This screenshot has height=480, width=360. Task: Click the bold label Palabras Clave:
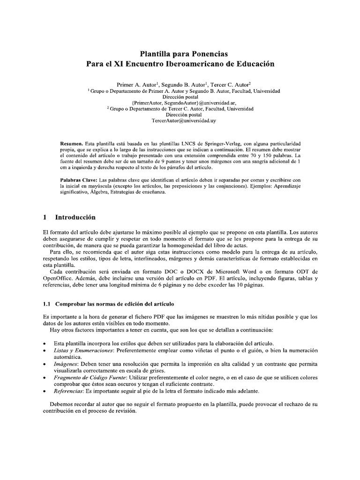pyautogui.click(x=79, y=180)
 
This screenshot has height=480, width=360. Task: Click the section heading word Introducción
pyautogui.click(x=75, y=217)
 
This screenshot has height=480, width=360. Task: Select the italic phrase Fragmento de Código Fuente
pyautogui.click(x=90, y=377)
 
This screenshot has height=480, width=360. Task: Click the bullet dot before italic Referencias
pyautogui.click(x=44, y=390)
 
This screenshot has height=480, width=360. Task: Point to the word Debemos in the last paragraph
pyautogui.click(x=63, y=404)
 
